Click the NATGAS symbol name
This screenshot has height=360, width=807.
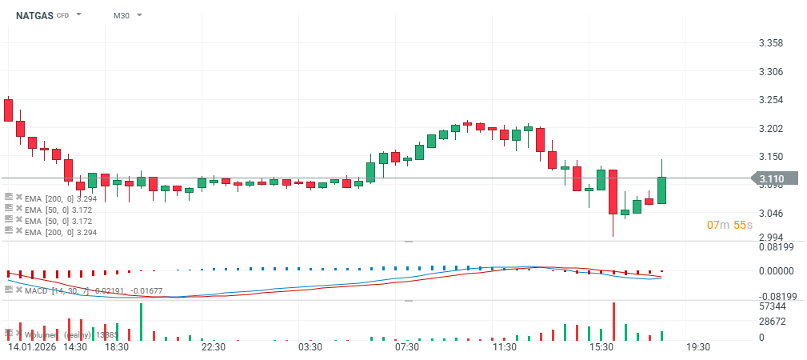(x=34, y=15)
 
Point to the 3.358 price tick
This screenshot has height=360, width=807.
(x=770, y=43)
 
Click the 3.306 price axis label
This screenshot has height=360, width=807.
(x=770, y=72)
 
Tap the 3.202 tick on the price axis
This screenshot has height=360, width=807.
(x=770, y=129)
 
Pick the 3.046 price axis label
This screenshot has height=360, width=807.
(x=770, y=214)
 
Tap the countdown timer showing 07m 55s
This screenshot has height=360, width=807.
(x=729, y=226)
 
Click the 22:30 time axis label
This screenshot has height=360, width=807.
(x=214, y=347)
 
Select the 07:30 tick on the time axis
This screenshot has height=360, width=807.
(x=407, y=347)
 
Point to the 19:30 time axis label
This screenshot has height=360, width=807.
(x=698, y=347)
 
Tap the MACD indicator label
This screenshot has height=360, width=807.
(x=37, y=290)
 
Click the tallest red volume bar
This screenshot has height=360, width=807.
(x=613, y=322)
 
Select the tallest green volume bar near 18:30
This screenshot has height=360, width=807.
(x=141, y=322)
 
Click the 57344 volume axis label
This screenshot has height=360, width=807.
(x=772, y=306)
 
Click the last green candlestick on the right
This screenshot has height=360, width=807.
(x=661, y=190)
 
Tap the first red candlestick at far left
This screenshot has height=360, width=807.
(x=8, y=110)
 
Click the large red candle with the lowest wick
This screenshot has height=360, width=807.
(x=613, y=192)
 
